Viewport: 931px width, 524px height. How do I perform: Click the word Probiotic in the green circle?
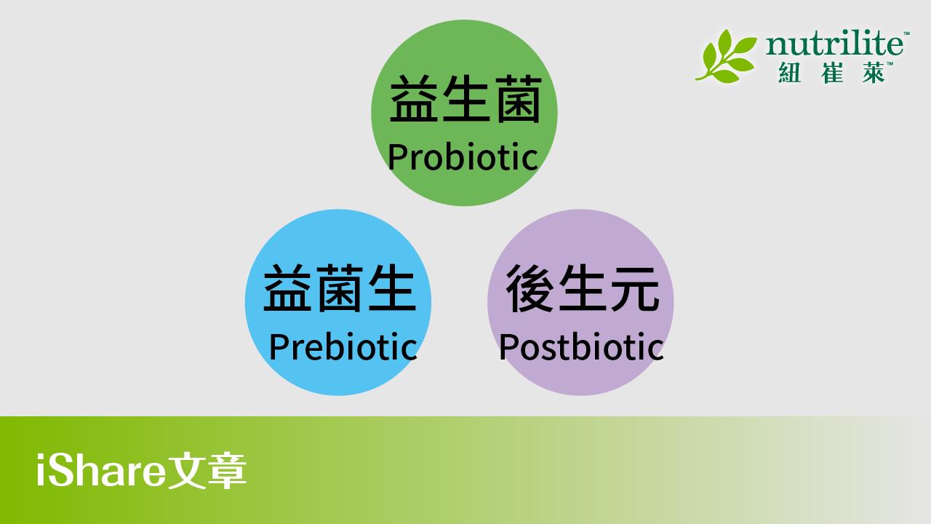click(x=463, y=156)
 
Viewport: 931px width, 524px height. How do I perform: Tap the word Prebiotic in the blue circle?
click(x=343, y=346)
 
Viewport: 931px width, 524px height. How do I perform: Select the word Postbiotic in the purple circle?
click(x=581, y=346)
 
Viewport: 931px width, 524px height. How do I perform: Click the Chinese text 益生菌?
click(x=465, y=99)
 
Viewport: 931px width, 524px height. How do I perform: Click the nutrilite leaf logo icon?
click(x=726, y=56)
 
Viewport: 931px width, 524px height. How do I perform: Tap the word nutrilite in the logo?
click(x=834, y=44)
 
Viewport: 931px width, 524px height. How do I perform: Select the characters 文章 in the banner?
click(x=207, y=470)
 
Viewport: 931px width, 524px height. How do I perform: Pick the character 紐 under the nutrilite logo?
click(x=789, y=73)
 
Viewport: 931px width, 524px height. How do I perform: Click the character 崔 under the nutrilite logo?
click(x=832, y=73)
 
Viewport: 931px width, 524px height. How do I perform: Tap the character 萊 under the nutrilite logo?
click(x=874, y=73)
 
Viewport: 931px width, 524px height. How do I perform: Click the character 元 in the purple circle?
click(x=635, y=289)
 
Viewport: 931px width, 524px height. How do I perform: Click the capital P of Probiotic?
click(x=397, y=156)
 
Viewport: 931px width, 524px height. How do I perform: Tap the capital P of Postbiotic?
click(x=508, y=346)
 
